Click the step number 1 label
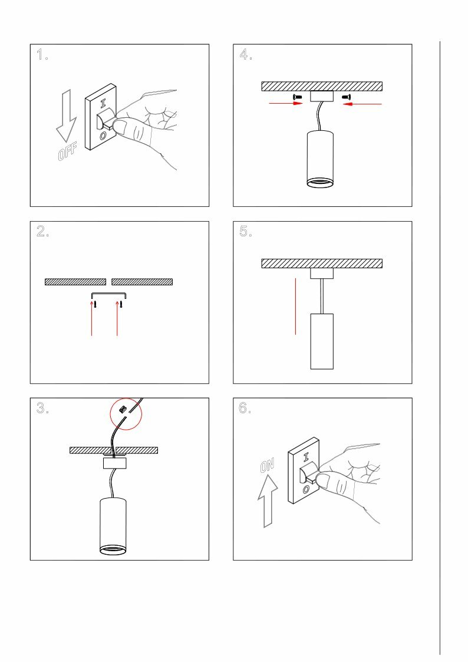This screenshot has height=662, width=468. pyautogui.click(x=42, y=56)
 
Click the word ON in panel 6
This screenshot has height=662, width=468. pyautogui.click(x=267, y=466)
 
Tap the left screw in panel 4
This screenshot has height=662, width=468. pyautogui.click(x=297, y=97)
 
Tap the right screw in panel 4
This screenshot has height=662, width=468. pyautogui.click(x=346, y=97)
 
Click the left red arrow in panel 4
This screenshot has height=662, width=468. pyautogui.click(x=285, y=104)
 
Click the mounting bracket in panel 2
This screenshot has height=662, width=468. pyautogui.click(x=109, y=294)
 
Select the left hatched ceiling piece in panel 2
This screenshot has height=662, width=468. pyautogui.click(x=75, y=282)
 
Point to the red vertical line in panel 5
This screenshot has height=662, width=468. pyautogui.click(x=295, y=307)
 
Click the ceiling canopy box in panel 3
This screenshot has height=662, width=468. pyautogui.click(x=115, y=463)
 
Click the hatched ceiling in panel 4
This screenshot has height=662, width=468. pyautogui.click(x=322, y=86)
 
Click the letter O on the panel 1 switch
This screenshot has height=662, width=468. pyautogui.click(x=103, y=136)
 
